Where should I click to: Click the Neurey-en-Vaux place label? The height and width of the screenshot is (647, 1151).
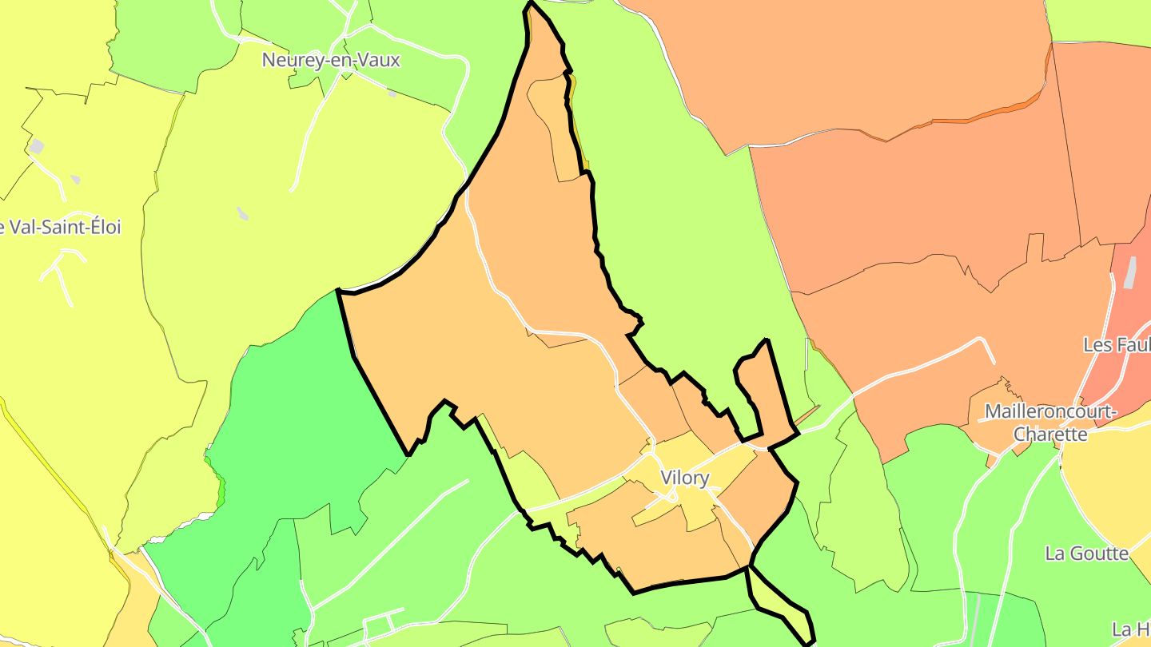click(331, 60)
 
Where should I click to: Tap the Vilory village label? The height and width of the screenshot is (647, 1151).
click(685, 478)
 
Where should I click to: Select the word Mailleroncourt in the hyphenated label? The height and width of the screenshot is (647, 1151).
click(1050, 412)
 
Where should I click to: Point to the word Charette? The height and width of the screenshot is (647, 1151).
click(1050, 435)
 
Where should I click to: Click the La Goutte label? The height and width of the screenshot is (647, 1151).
click(1087, 554)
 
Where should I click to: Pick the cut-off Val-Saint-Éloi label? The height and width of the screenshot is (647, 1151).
click(61, 228)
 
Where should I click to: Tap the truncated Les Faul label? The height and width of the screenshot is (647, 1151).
click(1117, 345)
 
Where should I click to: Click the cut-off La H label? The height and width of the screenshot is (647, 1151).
click(1131, 629)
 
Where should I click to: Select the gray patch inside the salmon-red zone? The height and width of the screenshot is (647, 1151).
click(1129, 272)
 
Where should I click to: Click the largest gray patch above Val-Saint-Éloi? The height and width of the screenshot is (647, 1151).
click(37, 146)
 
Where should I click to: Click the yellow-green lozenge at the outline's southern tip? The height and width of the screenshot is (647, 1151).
click(775, 595)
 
